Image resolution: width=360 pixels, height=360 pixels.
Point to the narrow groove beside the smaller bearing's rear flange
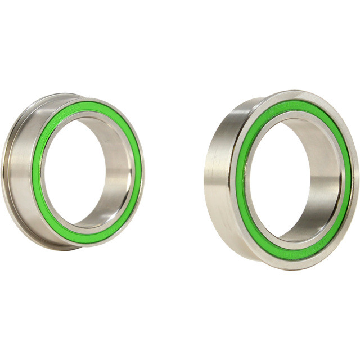coord(12,169)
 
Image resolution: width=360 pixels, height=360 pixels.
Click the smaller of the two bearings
coord(73,169)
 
